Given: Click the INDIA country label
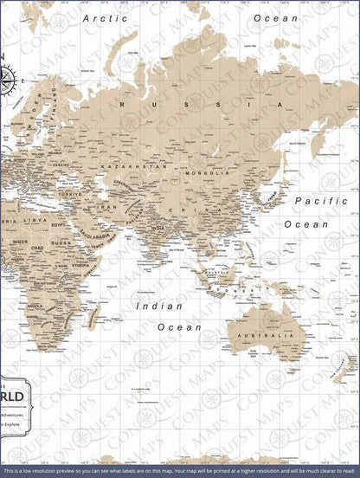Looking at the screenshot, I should click(x=157, y=229).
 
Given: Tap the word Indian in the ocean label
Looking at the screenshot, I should click(x=158, y=306).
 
